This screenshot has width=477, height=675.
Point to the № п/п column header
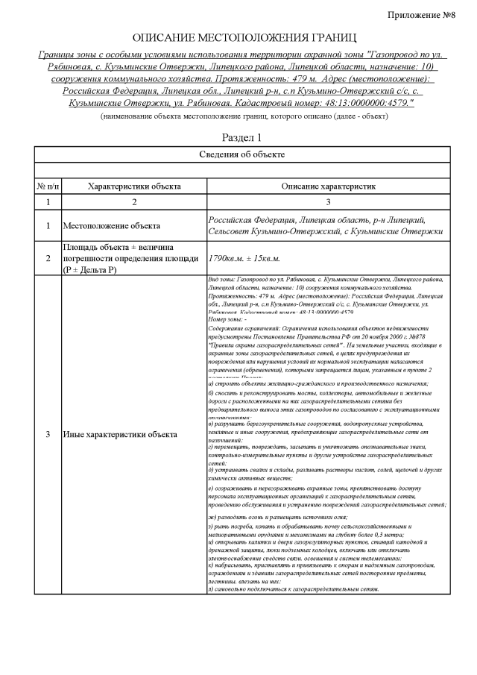(48, 186)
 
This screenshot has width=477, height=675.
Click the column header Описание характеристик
(327, 186)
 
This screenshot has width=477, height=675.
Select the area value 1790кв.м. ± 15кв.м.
(244, 258)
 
